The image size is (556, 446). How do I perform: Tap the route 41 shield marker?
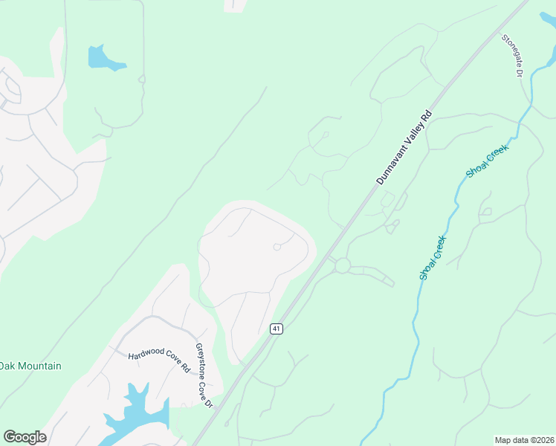(x=276, y=329)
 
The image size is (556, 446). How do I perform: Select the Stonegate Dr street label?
(x=513, y=56)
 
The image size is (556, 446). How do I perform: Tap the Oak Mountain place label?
(x=30, y=366)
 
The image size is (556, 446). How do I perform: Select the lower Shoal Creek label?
(x=432, y=257)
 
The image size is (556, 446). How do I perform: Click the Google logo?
(x=25, y=437)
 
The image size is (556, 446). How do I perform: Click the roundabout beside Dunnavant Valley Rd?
(x=342, y=265)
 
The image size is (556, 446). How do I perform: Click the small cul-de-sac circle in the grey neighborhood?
(x=277, y=247)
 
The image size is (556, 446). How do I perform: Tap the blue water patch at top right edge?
(x=548, y=18)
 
